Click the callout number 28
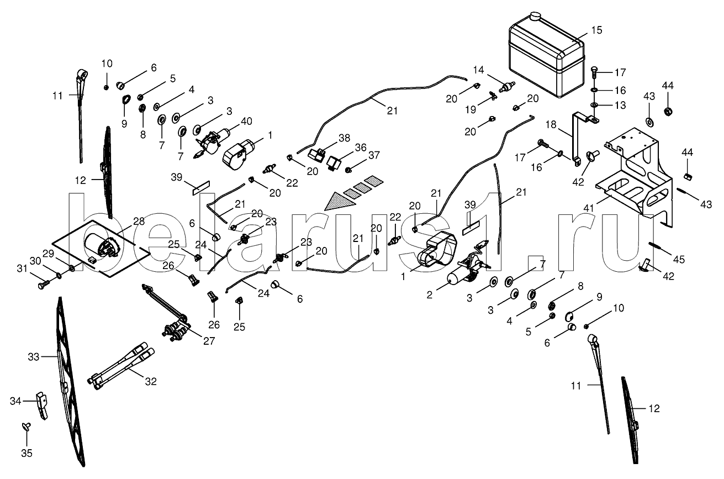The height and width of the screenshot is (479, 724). pyautogui.click(x=139, y=221)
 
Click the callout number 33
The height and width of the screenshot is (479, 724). pyautogui.click(x=33, y=357)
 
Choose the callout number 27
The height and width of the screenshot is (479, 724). pyautogui.click(x=209, y=341)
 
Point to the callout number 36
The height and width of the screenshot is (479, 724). pyautogui.click(x=361, y=148)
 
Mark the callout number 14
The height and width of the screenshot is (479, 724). pyautogui.click(x=478, y=70)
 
